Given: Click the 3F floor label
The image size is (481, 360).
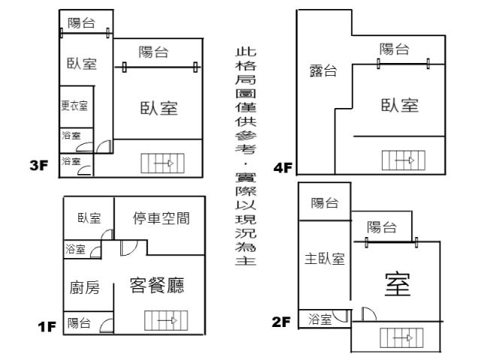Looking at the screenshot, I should [38, 166].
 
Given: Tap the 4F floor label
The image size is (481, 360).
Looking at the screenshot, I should [283, 168].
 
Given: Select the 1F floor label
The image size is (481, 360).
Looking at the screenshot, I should [47, 327].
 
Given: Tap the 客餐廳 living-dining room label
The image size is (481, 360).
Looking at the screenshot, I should [158, 286].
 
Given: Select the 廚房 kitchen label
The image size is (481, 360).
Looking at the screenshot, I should [85, 288].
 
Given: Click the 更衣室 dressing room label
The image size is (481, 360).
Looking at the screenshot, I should [74, 106].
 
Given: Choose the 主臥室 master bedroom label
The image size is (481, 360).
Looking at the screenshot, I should [325, 259].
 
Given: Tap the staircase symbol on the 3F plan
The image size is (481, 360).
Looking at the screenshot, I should [162, 162].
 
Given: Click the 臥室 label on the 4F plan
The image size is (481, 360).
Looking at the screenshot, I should [399, 106].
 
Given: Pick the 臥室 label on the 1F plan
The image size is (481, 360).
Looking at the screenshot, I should [89, 218].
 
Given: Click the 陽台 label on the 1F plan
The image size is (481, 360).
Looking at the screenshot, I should [79, 323].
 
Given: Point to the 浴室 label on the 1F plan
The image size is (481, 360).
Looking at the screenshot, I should [76, 250].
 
